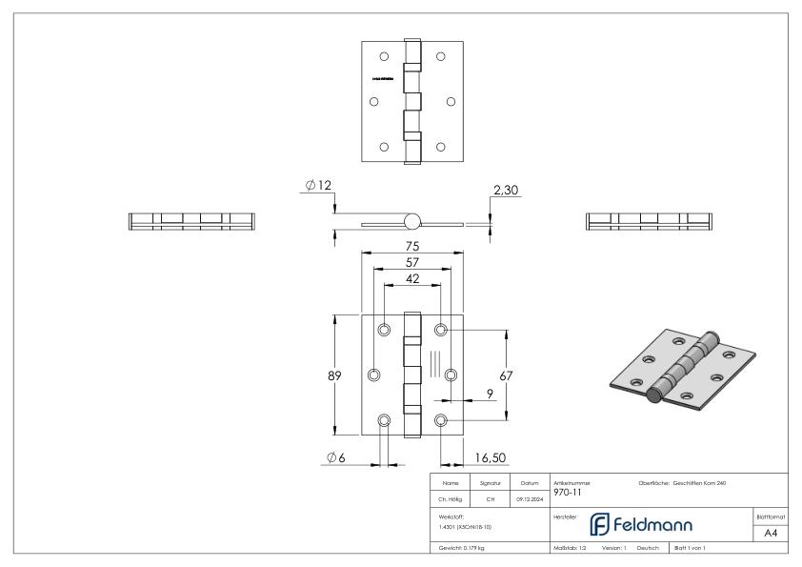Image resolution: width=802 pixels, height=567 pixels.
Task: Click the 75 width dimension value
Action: (412, 245)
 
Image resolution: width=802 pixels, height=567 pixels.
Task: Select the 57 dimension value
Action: (412, 263)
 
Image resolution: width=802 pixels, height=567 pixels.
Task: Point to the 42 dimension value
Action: (412, 280)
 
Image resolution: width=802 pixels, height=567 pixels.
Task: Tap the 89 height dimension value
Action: (335, 375)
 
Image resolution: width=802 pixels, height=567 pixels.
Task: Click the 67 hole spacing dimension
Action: (506, 375)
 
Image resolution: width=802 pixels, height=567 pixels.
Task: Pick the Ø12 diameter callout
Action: (319, 184)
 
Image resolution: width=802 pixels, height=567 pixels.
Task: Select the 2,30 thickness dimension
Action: (506, 192)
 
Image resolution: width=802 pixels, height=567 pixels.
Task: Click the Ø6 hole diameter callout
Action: (335, 458)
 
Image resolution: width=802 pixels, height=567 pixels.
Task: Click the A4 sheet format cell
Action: (771, 534)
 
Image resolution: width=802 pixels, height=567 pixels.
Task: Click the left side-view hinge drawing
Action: (192, 221)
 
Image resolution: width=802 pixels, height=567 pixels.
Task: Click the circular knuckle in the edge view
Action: (411, 221)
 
